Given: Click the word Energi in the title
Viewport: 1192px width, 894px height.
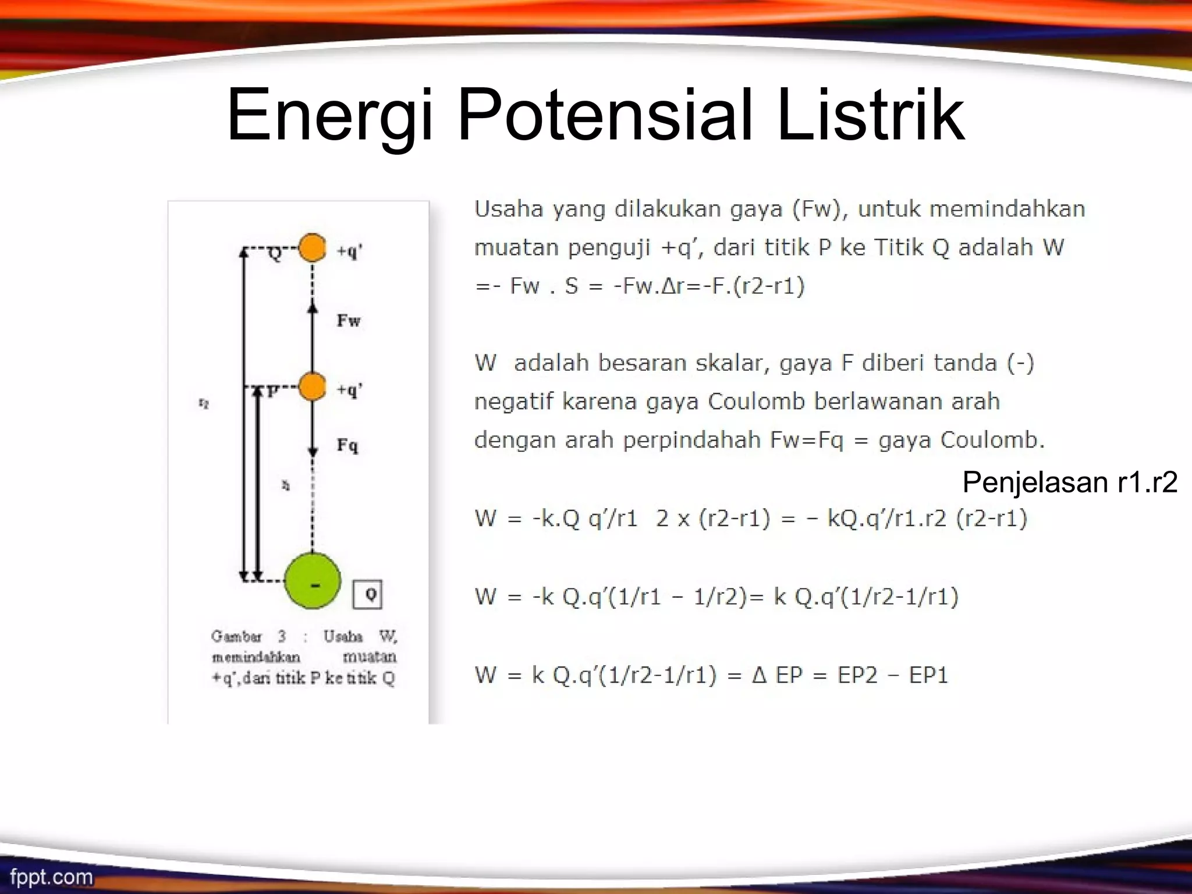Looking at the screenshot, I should [x=329, y=115].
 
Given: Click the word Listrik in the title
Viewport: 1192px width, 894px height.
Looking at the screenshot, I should [x=871, y=115].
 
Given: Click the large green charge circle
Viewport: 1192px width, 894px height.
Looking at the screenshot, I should [x=313, y=581].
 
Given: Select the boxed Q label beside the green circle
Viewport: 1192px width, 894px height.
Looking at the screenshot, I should [x=368, y=594].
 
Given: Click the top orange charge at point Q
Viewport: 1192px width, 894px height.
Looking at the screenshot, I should [x=313, y=248].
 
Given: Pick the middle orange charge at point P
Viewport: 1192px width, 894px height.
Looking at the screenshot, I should [x=313, y=386].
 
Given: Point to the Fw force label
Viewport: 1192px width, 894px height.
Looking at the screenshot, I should [x=349, y=321].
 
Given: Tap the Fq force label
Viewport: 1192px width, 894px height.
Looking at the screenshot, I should [x=347, y=446].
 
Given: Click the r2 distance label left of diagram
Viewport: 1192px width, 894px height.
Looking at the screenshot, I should [x=204, y=403].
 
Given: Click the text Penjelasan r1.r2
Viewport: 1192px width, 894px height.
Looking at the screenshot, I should [x=1070, y=483].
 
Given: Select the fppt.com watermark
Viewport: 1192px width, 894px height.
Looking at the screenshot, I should [x=51, y=877].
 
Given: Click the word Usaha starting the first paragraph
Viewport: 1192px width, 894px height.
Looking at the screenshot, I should [x=509, y=209].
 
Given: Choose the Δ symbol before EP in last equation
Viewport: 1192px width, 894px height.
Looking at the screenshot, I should [x=759, y=675].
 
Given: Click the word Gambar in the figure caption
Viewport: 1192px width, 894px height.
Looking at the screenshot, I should [x=236, y=636].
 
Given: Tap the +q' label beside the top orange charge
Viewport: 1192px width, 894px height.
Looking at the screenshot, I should [x=350, y=251].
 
